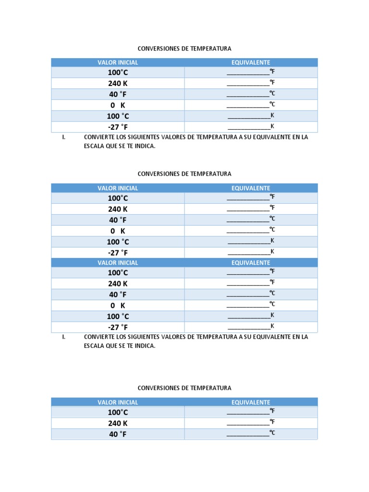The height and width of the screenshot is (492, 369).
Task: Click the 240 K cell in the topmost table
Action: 118,83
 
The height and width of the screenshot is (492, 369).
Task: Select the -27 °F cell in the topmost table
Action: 118,127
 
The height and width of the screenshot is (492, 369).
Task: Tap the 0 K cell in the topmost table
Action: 118,105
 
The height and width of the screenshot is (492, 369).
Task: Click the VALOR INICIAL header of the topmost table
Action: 118,62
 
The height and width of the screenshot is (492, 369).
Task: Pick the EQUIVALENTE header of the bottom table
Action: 250,402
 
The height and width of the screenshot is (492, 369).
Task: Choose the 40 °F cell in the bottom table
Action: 118,434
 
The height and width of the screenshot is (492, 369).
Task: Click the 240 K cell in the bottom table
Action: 118,423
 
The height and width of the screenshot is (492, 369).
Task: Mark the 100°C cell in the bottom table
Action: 118,412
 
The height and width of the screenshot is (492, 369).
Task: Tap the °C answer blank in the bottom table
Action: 248,433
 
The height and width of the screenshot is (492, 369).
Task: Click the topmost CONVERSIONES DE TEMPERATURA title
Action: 184,49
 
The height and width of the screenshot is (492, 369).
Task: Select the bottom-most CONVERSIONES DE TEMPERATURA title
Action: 184,388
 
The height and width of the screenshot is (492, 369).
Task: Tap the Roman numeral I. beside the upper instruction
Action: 63,137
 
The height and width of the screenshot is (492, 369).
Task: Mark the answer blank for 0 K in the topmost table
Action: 248,105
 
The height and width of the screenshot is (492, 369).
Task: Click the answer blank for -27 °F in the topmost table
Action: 249,127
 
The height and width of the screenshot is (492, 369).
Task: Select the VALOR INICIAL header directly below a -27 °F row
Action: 118,263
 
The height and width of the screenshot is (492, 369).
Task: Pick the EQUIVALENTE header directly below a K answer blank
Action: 250,263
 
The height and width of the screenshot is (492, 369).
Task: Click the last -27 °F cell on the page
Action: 118,327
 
